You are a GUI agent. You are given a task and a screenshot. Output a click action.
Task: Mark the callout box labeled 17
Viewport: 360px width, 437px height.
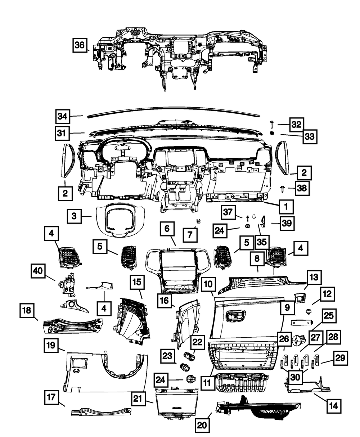52,398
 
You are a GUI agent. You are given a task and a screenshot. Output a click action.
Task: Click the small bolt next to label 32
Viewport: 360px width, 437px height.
271,125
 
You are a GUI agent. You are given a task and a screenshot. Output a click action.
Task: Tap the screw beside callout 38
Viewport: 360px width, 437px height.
283,188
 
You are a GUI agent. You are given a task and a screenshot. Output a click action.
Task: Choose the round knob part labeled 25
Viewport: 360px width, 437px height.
298,341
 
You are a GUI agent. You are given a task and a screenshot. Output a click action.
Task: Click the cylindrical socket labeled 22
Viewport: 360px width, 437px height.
189,357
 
